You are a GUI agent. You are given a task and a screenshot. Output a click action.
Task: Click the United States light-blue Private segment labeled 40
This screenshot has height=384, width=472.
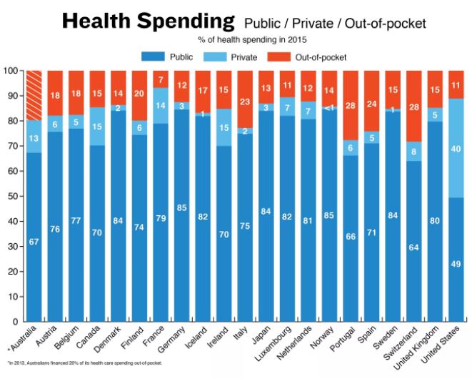[x=456, y=148]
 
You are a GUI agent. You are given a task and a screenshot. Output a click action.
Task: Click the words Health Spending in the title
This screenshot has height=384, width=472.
[x=148, y=21]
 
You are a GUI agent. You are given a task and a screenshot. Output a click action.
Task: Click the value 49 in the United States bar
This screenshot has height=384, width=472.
[x=456, y=264]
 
